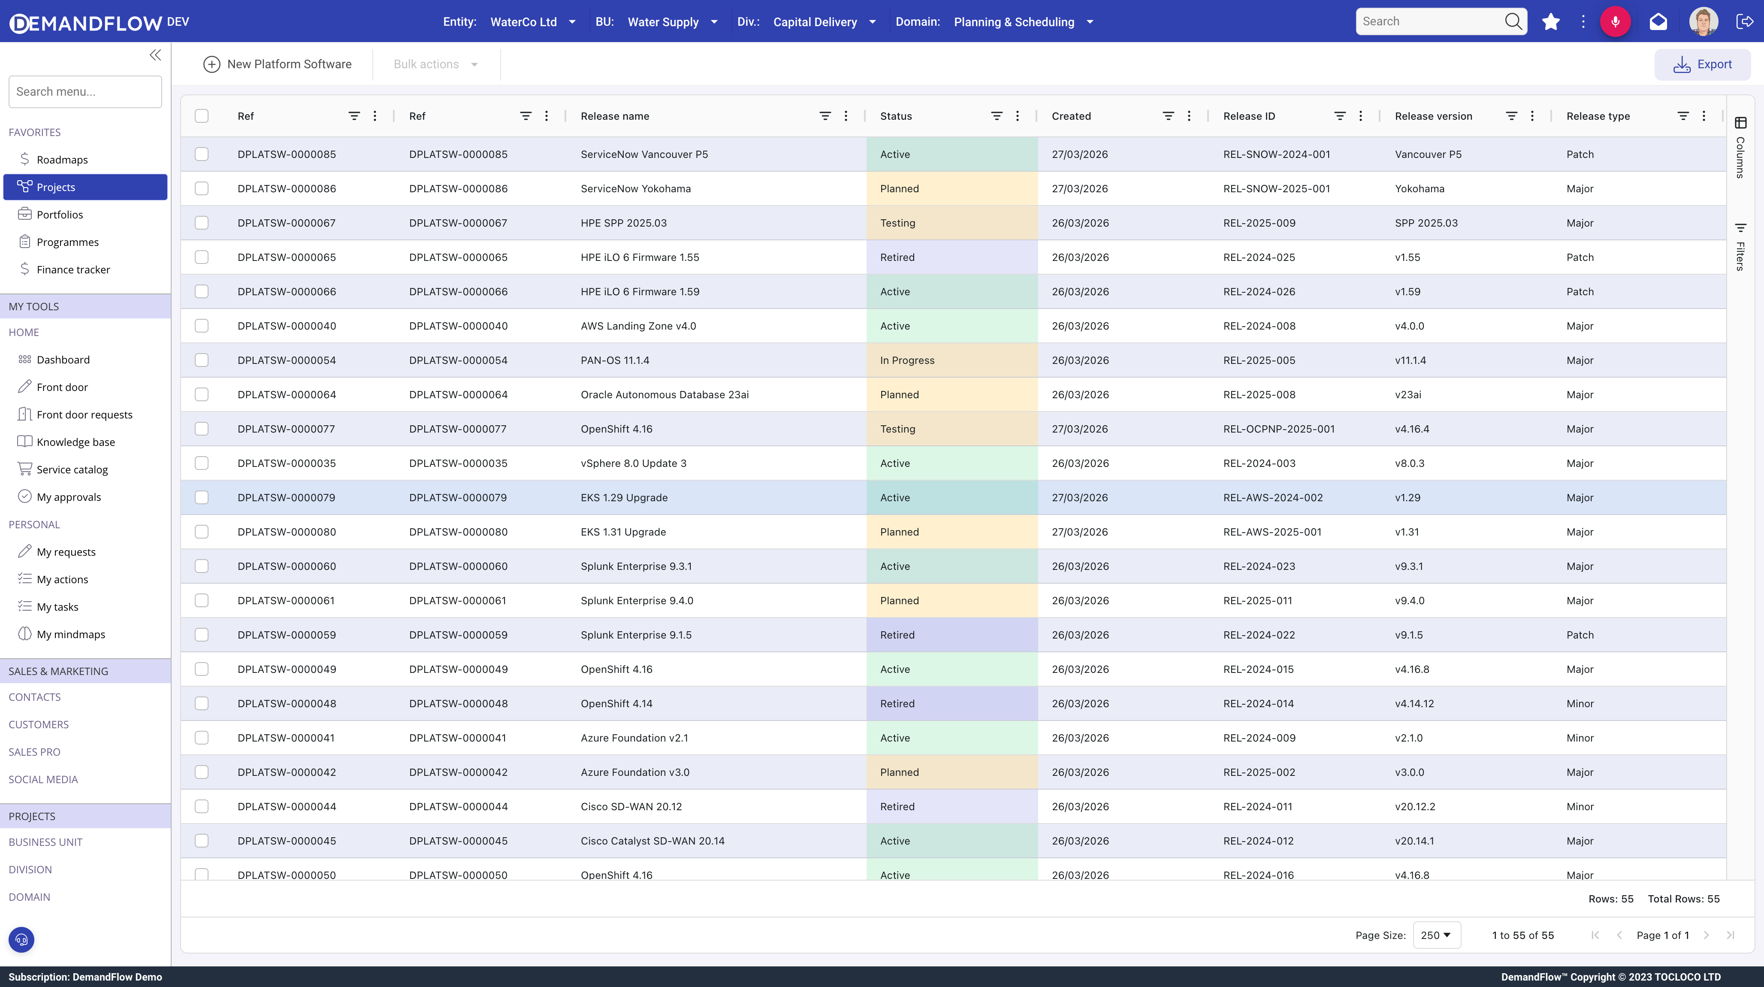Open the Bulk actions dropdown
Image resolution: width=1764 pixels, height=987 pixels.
pos(435,64)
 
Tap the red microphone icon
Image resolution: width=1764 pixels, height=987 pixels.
pos(1615,22)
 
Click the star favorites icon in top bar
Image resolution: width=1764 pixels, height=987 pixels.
pos(1551,22)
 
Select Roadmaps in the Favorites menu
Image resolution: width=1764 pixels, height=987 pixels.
pos(62,160)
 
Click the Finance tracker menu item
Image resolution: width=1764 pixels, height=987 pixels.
pos(73,269)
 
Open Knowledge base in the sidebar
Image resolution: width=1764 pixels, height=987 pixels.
pos(76,442)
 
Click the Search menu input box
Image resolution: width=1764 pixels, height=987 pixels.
pos(85,92)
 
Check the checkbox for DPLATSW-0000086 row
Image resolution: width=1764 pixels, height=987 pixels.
pos(201,188)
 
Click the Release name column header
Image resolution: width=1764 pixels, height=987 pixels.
pos(615,116)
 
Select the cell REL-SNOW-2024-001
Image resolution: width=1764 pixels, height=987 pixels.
pos(1276,154)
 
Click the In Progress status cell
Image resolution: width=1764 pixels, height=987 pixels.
pos(907,360)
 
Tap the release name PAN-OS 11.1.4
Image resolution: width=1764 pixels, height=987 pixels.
pos(615,360)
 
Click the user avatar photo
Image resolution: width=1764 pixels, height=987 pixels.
pos(1703,22)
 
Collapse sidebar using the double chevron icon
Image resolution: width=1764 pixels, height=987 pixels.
pos(155,55)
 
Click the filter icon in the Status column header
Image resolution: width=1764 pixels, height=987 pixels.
pos(997,116)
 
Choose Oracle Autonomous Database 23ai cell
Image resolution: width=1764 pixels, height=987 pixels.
pos(664,394)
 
